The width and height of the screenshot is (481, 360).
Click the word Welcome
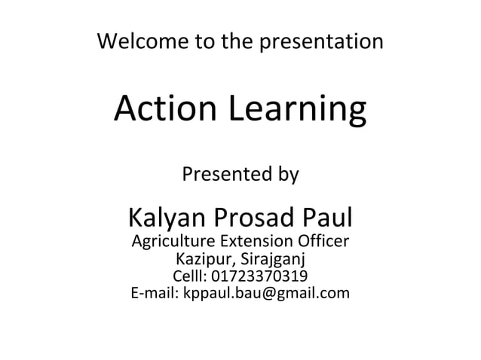134,41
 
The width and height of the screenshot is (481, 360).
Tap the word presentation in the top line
321,41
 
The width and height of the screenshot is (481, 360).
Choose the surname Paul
327,218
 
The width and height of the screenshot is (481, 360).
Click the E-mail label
153,292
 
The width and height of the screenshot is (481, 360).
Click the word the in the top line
237,41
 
